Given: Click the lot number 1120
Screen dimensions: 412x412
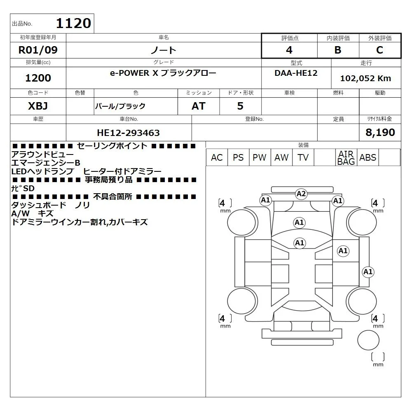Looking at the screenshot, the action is pyautogui.click(x=74, y=23).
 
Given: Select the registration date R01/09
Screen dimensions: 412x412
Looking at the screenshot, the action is pyautogui.click(x=38, y=50).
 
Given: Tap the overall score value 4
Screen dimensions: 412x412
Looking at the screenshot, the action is pyautogui.click(x=289, y=50).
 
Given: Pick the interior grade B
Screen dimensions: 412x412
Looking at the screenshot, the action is pyautogui.click(x=338, y=50).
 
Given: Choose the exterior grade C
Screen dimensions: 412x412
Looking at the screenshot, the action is pyautogui.click(x=379, y=50).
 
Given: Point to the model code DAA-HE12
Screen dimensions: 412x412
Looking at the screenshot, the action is pyautogui.click(x=296, y=73).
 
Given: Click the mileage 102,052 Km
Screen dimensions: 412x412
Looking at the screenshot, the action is pyautogui.click(x=365, y=78).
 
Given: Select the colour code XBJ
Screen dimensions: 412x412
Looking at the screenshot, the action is pyautogui.click(x=38, y=106).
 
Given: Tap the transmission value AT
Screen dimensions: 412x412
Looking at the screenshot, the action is pyautogui.click(x=199, y=106).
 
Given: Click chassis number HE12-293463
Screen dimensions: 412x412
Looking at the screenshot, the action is pyautogui.click(x=128, y=133).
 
